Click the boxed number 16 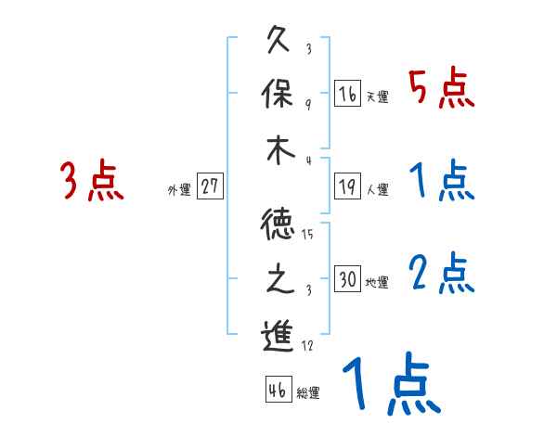coord(347,94)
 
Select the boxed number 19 coord(347,186)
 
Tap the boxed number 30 coord(347,279)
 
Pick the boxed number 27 coord(210,186)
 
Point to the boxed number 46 coord(277,391)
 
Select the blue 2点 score coord(441,273)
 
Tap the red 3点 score coord(92,181)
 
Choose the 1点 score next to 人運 coord(441,180)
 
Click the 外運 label coord(179,190)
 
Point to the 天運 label coord(377,97)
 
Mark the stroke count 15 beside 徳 coord(307,234)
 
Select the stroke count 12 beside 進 coord(307,345)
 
